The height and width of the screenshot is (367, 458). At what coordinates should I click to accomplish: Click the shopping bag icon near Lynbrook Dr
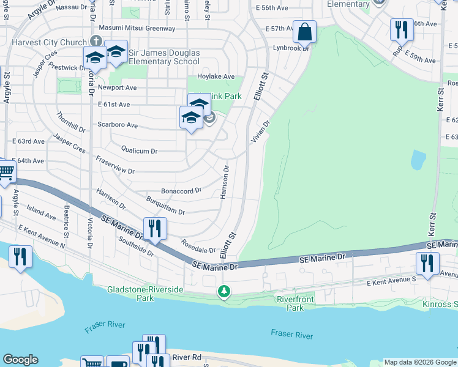point(304,31)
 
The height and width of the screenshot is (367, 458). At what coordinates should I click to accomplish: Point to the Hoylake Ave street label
point(211,76)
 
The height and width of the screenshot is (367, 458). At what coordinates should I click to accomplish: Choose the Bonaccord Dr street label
point(181,191)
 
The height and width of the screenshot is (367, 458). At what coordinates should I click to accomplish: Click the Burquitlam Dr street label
point(165,206)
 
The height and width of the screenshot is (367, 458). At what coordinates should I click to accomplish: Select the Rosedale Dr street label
point(198,247)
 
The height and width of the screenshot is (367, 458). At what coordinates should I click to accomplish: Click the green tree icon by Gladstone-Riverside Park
point(225,291)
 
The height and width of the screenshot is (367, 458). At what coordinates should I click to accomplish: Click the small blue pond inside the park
point(418,160)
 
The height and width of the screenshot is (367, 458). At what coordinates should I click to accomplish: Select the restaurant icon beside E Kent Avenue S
point(427,263)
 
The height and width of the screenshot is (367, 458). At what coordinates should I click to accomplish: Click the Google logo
point(20,360)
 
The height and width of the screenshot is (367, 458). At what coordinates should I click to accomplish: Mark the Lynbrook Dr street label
point(291,47)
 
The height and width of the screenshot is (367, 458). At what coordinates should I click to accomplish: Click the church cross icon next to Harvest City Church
point(95,42)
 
